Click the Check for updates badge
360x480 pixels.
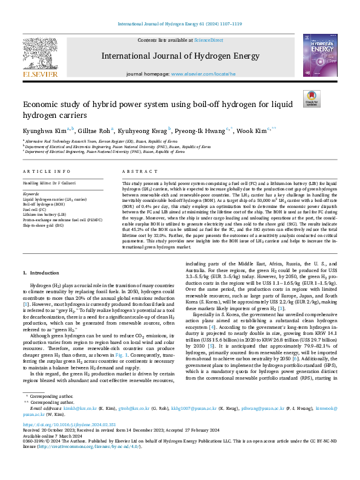(312, 99)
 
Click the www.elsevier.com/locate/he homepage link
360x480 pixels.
(199, 74)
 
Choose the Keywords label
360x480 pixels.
(31, 193)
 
